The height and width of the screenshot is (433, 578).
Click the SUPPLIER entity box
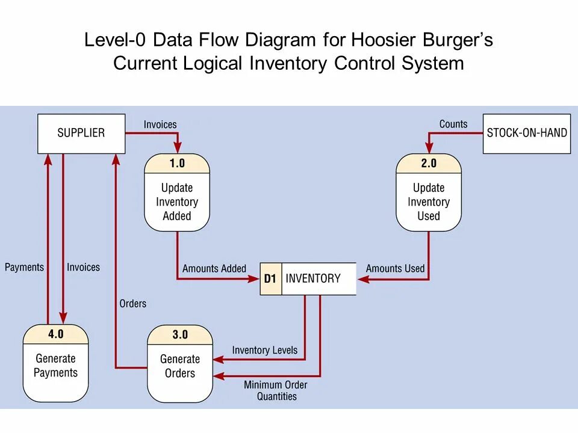(81, 134)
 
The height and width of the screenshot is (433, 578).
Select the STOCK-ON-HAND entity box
(527, 134)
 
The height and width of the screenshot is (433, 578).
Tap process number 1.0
(177, 163)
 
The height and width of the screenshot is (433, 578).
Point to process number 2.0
(429, 163)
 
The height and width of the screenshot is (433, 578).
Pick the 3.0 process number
(180, 334)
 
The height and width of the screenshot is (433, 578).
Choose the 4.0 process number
(55, 334)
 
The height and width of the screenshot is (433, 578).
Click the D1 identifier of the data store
(270, 278)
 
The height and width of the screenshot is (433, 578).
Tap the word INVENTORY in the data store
(313, 278)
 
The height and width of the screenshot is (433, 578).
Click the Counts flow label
(453, 124)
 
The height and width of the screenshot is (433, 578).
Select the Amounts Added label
(214, 268)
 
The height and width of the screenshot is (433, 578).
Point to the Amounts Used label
(395, 268)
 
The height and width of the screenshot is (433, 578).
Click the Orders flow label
(132, 303)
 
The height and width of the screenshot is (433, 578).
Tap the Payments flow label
(24, 267)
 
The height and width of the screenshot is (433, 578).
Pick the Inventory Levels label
(265, 350)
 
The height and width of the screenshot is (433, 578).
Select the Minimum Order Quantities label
(276, 391)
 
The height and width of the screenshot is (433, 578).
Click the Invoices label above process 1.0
(160, 124)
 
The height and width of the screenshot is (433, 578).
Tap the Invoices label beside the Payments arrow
(83, 267)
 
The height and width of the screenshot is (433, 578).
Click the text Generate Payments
(55, 366)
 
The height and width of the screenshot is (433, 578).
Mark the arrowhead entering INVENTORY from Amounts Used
(363, 279)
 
